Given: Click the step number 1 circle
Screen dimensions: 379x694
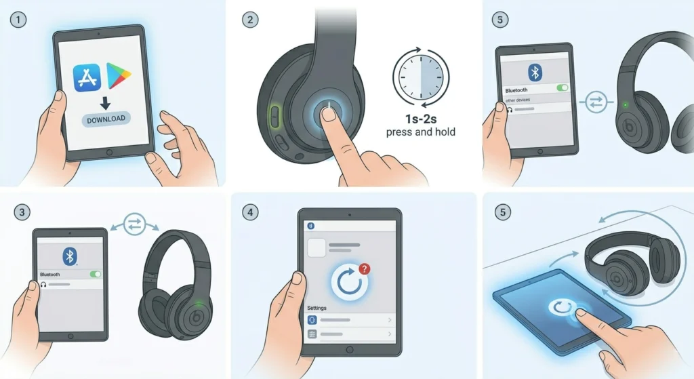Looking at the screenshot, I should click(19, 20).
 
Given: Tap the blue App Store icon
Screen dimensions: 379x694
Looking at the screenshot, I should click(87, 76).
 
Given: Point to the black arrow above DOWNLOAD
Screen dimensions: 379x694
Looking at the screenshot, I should click(104, 103).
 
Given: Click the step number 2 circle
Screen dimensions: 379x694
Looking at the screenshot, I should click(250, 20).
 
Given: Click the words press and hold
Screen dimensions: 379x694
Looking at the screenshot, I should click(420, 132).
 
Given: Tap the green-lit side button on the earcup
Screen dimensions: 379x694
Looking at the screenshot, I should click(274, 115).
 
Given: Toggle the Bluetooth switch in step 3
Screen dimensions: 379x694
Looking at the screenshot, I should click(96, 275).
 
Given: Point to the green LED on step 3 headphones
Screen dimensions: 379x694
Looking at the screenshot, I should click(197, 303).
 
